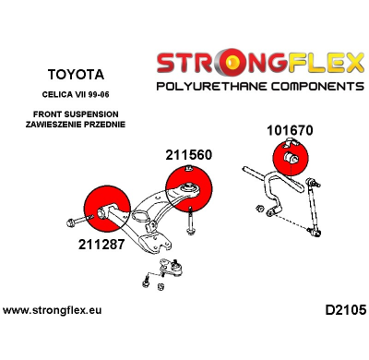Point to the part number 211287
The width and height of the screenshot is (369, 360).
tap(93, 246)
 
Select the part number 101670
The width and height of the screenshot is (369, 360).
tap(290, 130)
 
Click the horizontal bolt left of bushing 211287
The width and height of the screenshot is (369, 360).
tap(74, 221)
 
